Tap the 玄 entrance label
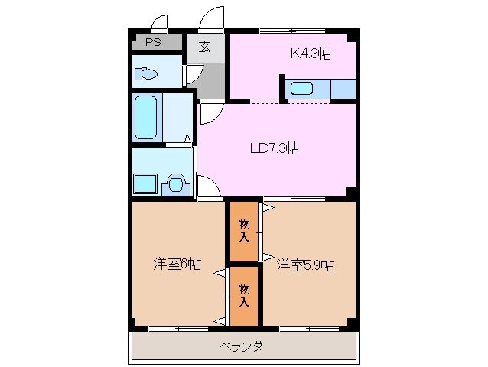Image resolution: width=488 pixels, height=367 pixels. (x=205, y=47)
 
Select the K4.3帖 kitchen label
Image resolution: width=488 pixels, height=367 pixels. (x=309, y=54)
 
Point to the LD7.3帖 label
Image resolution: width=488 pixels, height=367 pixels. (x=274, y=148)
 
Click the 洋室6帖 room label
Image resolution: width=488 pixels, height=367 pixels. (x=177, y=265)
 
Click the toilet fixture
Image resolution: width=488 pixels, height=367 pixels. (x=145, y=74)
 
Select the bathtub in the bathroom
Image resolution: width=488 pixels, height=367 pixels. (x=146, y=116)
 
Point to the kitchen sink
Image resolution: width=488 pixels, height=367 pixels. (x=302, y=88)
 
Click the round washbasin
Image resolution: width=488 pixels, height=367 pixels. (x=176, y=184)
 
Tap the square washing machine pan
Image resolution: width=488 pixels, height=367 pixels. (x=145, y=184)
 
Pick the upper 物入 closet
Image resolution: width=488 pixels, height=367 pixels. (x=243, y=230)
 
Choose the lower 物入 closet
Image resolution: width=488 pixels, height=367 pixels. (x=243, y=295)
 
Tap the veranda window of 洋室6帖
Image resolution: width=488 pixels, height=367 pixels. (x=178, y=329)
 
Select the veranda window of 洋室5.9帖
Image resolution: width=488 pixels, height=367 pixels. (x=308, y=329)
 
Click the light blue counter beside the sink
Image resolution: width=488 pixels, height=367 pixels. (x=342, y=88)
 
